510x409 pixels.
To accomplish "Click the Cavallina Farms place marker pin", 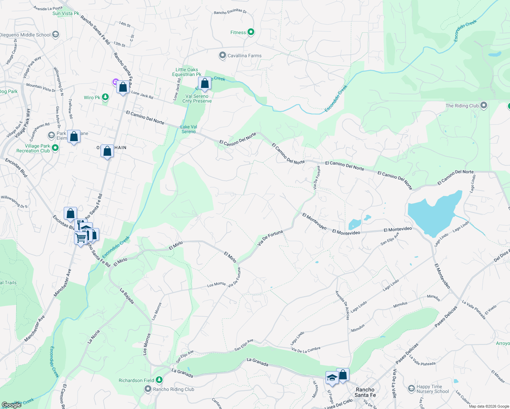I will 223,55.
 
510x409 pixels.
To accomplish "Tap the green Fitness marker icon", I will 251,32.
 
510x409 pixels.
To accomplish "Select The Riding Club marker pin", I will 483,105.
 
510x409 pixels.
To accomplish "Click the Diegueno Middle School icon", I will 56,34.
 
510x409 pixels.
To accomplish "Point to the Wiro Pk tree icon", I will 106,97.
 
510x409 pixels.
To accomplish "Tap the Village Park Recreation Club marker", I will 55,148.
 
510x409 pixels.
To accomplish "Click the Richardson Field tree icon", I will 159,380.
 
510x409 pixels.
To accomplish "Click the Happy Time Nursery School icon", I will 411,389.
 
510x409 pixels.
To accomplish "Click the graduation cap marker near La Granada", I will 332,378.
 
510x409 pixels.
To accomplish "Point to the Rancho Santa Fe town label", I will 365,392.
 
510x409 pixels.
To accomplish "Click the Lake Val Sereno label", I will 189,129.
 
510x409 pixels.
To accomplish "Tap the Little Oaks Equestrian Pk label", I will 187,72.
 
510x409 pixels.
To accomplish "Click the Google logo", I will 11,405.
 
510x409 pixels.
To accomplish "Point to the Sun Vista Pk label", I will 66,13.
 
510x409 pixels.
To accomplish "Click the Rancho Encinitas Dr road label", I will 230,12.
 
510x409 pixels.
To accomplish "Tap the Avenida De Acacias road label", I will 342,305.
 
